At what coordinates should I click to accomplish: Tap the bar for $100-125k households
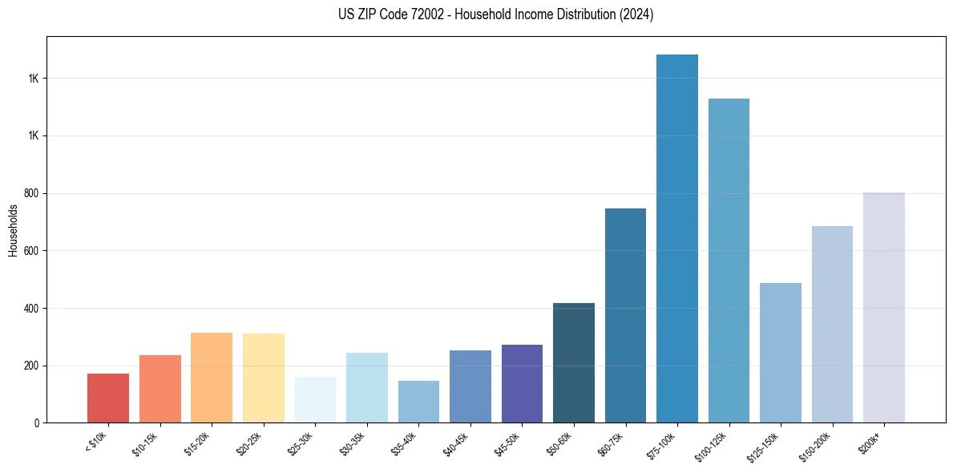[x=729, y=261]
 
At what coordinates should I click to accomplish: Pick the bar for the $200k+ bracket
[x=884, y=308]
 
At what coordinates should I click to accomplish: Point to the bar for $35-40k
[x=418, y=402]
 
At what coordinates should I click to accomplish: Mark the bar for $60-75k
[x=625, y=316]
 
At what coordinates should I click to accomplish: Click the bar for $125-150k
[x=781, y=353]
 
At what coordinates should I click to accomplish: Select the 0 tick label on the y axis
[x=37, y=423]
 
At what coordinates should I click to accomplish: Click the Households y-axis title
[x=13, y=230]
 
